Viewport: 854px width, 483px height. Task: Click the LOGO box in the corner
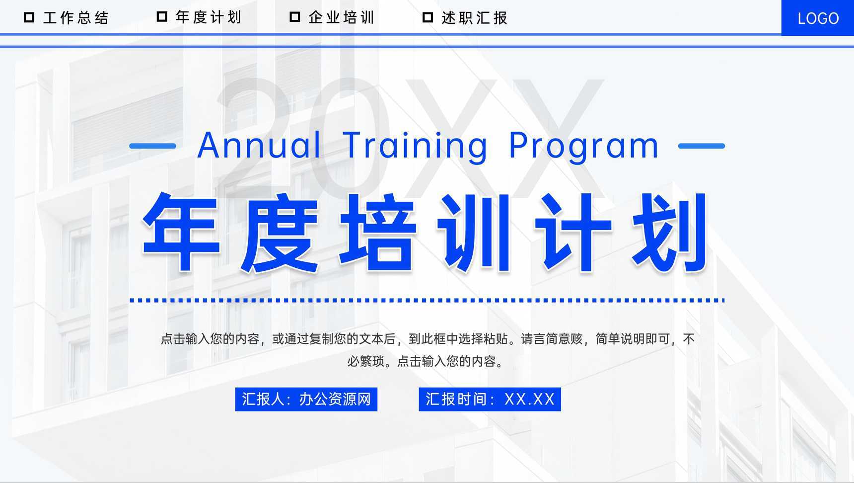817,18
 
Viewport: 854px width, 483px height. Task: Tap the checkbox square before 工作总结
29,17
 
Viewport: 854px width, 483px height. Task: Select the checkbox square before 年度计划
162,17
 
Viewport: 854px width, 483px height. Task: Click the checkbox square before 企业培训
295,17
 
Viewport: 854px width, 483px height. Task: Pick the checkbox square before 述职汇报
427,17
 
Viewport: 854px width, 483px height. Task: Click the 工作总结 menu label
75,18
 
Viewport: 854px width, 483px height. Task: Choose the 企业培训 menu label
341,18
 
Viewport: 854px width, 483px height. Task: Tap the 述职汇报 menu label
474,18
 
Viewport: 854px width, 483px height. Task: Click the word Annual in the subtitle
259,145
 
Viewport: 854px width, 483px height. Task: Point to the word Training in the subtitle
415,146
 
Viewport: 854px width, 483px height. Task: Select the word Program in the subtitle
583,146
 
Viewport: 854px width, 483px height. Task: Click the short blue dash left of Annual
152,146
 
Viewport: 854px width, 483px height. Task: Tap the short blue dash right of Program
701,146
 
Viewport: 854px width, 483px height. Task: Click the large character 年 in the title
181,232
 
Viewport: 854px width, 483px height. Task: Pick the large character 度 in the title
279,232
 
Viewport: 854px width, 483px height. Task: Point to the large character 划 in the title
670,232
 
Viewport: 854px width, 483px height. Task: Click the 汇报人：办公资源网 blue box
306,399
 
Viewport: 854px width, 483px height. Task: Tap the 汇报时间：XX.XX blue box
490,399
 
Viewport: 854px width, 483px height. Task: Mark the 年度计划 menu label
208,18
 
